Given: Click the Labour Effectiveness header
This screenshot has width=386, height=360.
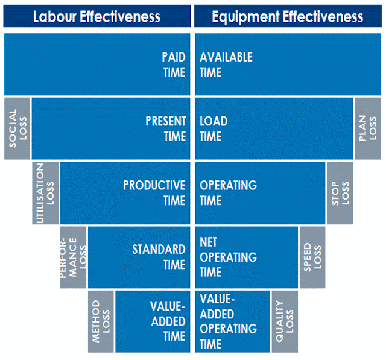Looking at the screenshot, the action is tap(96, 16).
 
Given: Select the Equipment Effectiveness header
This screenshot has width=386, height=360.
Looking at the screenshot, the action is tap(288, 16).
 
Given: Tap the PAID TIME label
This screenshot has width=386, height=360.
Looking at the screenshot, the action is tap(174, 65).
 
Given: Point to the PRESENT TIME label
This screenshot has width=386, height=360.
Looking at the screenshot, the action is tap(166, 128).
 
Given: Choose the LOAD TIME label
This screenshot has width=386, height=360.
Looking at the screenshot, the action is tap(214, 128).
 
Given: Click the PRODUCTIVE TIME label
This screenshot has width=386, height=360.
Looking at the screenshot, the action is tap(155, 192).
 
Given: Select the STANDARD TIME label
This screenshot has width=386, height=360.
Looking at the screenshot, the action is tap(159, 256).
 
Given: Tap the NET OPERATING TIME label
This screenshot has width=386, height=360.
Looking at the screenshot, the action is tap(228, 257).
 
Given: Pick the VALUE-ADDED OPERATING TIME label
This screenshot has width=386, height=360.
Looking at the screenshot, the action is tap(228, 321).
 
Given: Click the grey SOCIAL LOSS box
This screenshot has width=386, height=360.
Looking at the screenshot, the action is tap(17, 128).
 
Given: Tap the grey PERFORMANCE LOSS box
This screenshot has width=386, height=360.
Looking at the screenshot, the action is tap(73, 257).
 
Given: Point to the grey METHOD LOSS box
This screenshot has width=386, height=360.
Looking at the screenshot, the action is tap(101, 321).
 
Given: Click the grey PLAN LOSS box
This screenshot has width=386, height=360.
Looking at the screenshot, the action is tap(367, 128).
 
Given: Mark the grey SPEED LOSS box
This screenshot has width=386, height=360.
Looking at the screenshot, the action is tap(312, 257).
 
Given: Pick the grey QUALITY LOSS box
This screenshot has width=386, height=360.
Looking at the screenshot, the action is tap(284, 321).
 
